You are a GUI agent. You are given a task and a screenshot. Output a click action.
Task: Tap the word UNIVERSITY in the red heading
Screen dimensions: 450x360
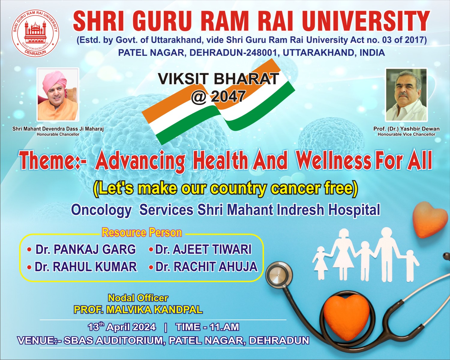pos(366,21)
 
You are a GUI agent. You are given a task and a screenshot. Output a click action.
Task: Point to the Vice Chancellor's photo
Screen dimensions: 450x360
pos(406,94)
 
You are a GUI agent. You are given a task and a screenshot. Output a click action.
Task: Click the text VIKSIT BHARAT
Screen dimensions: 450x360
pos(218,79)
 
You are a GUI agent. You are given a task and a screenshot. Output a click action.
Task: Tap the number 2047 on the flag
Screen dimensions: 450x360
pos(228,96)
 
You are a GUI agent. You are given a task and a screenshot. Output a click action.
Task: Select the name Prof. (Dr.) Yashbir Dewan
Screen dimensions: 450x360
pos(406,129)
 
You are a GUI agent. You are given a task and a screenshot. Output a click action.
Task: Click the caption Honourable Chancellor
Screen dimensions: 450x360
pos(58,134)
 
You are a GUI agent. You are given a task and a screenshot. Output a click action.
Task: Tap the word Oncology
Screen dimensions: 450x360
pos(101,210)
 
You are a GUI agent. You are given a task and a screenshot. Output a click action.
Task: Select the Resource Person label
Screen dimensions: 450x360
pos(142,232)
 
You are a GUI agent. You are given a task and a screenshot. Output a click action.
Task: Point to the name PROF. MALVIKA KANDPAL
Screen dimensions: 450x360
pos(138,310)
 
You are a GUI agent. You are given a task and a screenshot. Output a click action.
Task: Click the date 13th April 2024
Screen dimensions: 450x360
pos(122,327)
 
